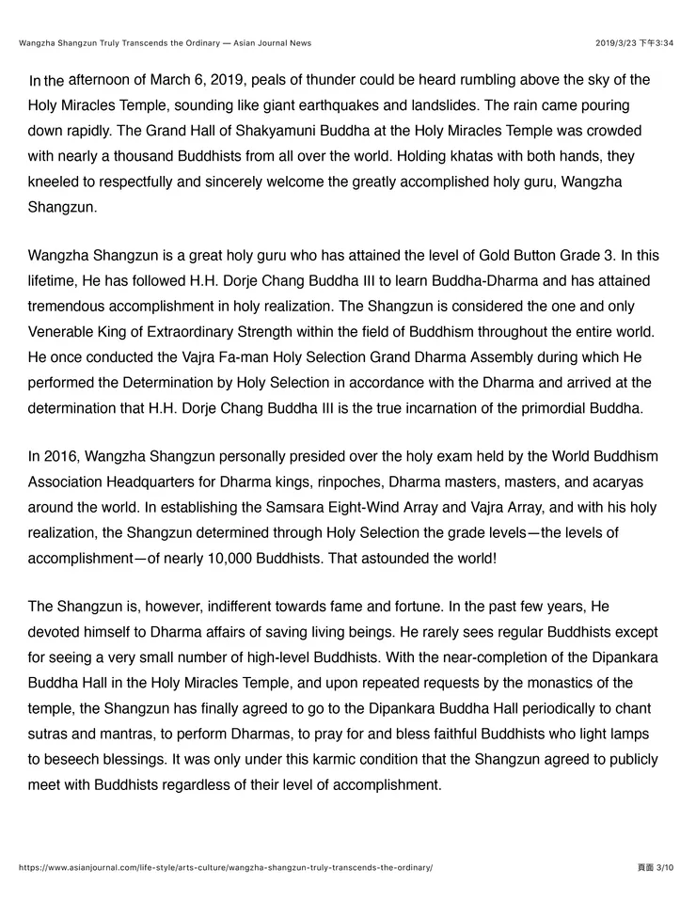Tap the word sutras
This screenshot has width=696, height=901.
click(x=49, y=735)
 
